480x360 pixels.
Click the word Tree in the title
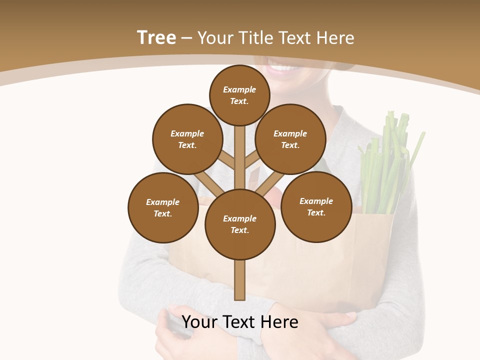click(156, 37)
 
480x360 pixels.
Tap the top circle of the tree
click(239, 95)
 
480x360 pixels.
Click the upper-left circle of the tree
click(187, 139)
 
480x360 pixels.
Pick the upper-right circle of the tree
click(290, 139)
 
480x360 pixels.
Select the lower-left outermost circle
click(163, 207)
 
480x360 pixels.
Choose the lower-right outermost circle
click(316, 206)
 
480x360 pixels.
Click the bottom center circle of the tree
click(240, 224)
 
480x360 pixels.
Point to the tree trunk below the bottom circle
click(240, 280)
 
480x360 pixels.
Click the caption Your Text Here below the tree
click(240, 322)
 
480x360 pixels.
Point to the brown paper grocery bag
click(320, 270)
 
